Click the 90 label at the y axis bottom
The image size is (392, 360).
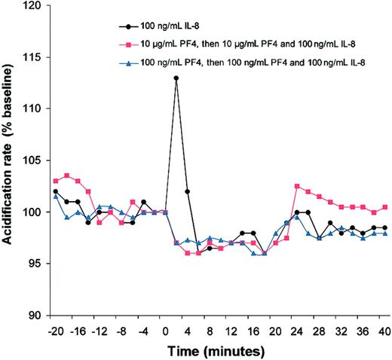click(x=34, y=316)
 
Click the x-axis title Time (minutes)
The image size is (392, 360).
click(x=219, y=350)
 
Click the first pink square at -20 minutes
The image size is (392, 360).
click(x=56, y=181)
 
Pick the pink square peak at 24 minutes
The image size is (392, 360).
click(x=297, y=186)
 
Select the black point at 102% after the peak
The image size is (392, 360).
click(x=187, y=191)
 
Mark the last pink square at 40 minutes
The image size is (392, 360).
click(x=385, y=207)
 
